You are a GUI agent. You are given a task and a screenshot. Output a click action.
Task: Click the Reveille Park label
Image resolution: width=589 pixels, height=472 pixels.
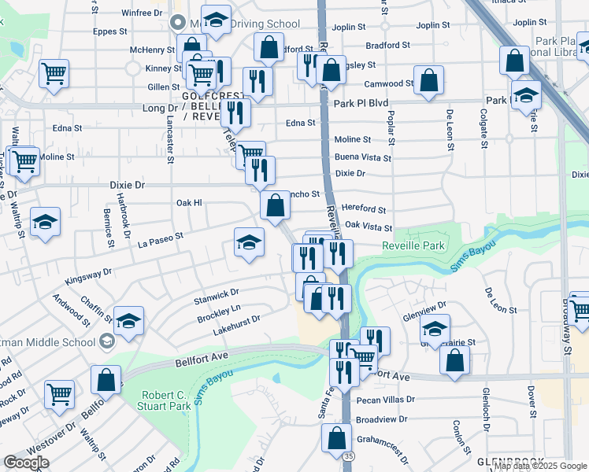point(413,246)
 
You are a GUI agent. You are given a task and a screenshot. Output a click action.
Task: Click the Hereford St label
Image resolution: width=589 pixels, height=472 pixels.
point(365,210)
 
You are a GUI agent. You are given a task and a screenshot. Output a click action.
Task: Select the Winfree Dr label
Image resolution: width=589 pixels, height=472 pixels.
point(142,13)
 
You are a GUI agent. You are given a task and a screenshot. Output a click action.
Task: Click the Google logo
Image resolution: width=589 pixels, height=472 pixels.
point(26,463)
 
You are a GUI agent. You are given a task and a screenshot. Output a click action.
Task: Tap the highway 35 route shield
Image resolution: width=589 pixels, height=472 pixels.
point(347,456)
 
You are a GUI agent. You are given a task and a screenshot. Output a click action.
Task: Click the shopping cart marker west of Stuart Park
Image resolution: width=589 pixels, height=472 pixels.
point(59,394)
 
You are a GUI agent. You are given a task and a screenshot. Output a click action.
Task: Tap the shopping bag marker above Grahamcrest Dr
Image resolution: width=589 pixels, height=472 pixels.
point(336,438)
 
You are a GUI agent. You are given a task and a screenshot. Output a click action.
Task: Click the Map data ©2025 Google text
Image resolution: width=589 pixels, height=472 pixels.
point(539,466)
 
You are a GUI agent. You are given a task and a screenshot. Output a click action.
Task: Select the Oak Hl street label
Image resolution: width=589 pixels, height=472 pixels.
point(189,203)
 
